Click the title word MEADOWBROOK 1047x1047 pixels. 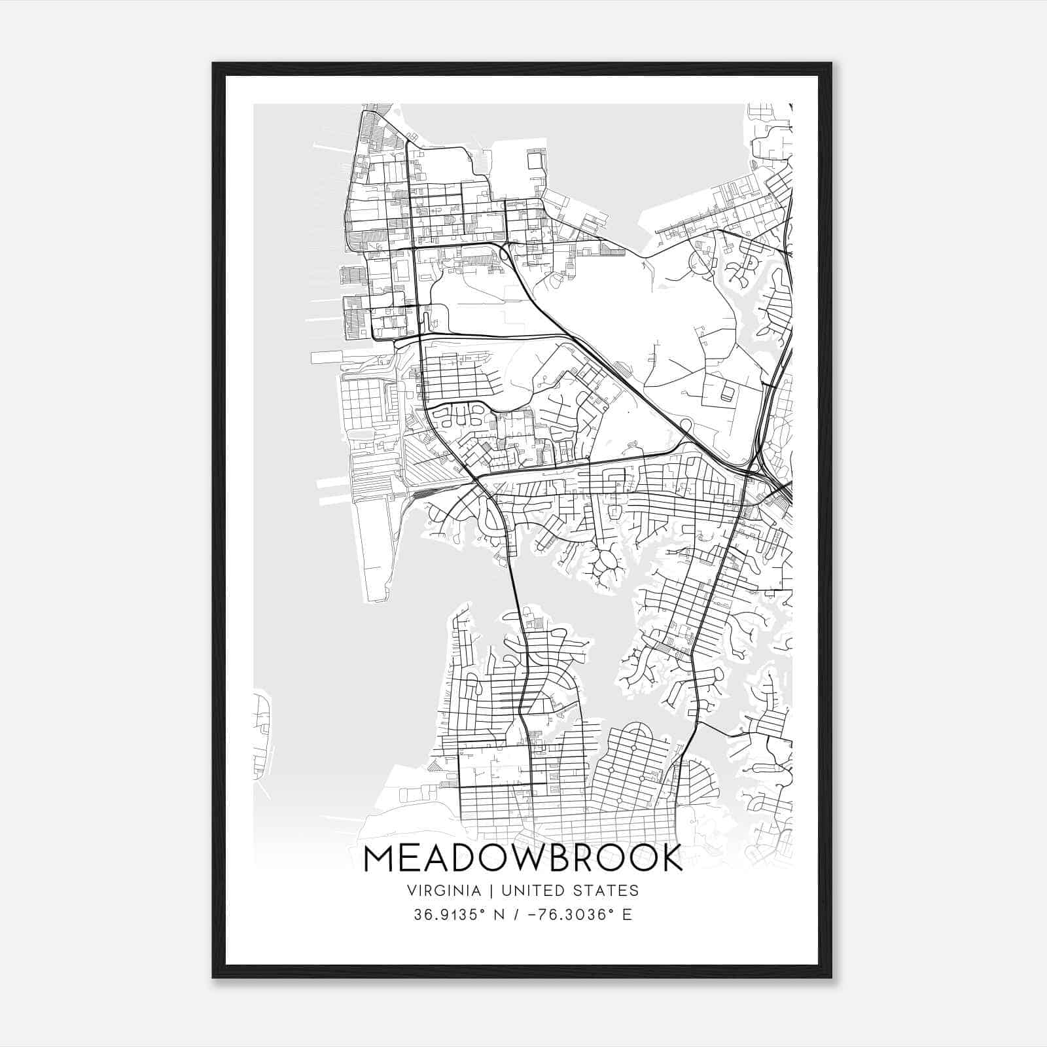tap(523, 859)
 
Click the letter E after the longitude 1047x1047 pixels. tap(627, 915)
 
